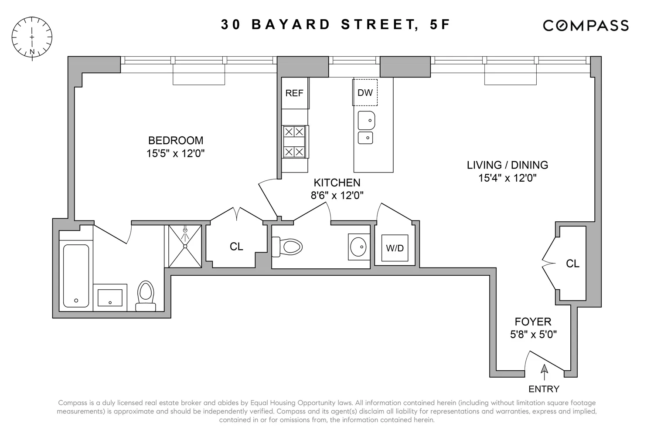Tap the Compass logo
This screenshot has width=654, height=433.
click(x=585, y=26)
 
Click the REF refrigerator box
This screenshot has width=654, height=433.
click(x=294, y=93)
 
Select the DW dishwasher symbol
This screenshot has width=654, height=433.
click(x=365, y=92)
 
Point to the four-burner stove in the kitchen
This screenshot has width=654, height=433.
click(x=294, y=142)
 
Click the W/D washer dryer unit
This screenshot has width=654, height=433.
click(x=395, y=248)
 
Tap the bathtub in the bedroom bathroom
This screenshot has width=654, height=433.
click(x=76, y=275)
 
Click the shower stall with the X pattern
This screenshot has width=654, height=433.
click(x=185, y=246)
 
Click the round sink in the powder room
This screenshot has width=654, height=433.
click(x=360, y=247)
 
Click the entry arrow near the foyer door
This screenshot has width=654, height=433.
click(x=544, y=370)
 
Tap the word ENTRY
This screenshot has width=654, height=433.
click(x=544, y=389)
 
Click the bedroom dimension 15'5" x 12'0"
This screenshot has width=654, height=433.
click(x=175, y=153)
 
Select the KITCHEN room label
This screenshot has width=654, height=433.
click(x=337, y=183)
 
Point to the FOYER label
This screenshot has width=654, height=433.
click(x=533, y=321)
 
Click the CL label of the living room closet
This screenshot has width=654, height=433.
click(x=572, y=264)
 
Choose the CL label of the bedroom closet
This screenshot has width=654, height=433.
click(x=236, y=247)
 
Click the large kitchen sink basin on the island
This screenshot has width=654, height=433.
click(x=366, y=121)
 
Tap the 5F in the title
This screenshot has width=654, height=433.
click(x=439, y=25)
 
